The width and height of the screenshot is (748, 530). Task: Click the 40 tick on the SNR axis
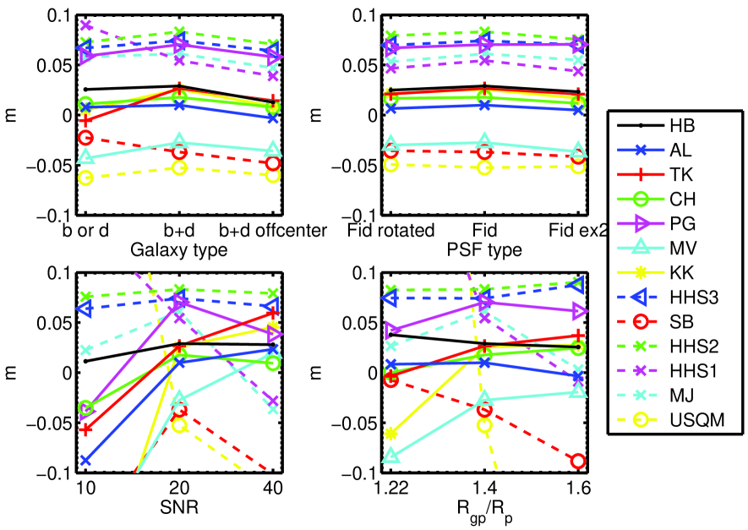click(272, 489)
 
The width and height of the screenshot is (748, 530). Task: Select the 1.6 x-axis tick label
click(578, 489)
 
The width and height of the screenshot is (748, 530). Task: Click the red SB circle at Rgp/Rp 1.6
click(578, 461)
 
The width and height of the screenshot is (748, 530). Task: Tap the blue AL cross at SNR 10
click(85, 461)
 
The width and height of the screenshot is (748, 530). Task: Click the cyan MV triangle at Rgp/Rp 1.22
click(391, 456)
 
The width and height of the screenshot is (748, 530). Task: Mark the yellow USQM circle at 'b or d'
click(85, 178)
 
